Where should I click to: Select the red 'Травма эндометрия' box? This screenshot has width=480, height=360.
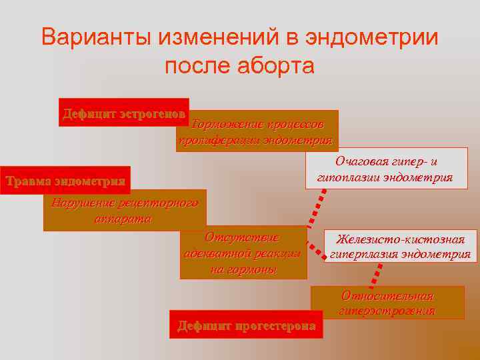[x=65, y=180]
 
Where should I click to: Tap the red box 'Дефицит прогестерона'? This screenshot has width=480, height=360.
[x=246, y=325]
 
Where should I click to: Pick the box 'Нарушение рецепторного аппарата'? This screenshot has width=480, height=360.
[x=125, y=211]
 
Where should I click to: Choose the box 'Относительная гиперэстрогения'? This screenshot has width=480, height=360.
[x=387, y=303]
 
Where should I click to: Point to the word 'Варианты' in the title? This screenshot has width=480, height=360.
[x=95, y=37]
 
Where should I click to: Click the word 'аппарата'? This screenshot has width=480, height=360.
[x=125, y=219]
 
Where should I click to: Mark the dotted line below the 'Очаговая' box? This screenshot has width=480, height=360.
[x=317, y=210]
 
